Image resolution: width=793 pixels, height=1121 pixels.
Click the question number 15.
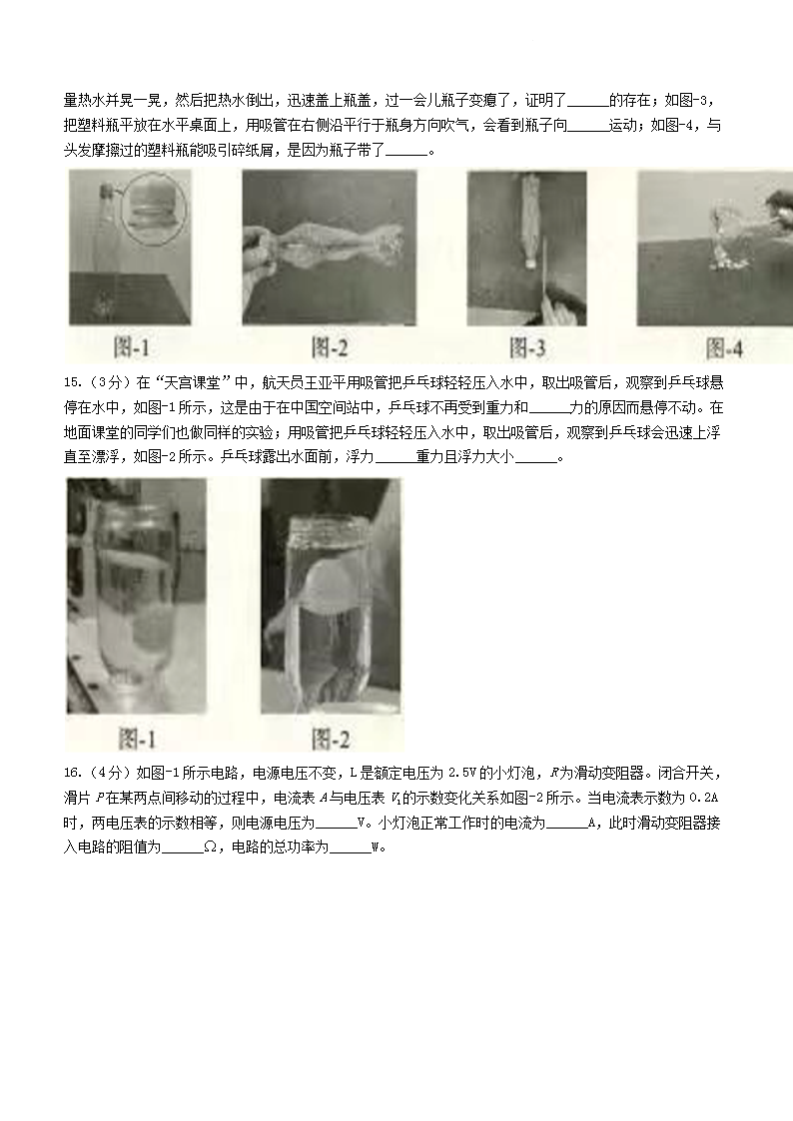[x=72, y=383]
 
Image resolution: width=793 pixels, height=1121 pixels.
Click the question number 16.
[x=72, y=773]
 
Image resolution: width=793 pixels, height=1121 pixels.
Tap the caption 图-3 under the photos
[x=527, y=348]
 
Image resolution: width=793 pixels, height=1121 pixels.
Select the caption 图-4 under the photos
[x=724, y=348]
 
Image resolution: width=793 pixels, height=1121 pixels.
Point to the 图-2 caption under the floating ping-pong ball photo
[x=331, y=739]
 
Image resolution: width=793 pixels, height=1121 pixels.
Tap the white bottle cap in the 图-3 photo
[x=530, y=263]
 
